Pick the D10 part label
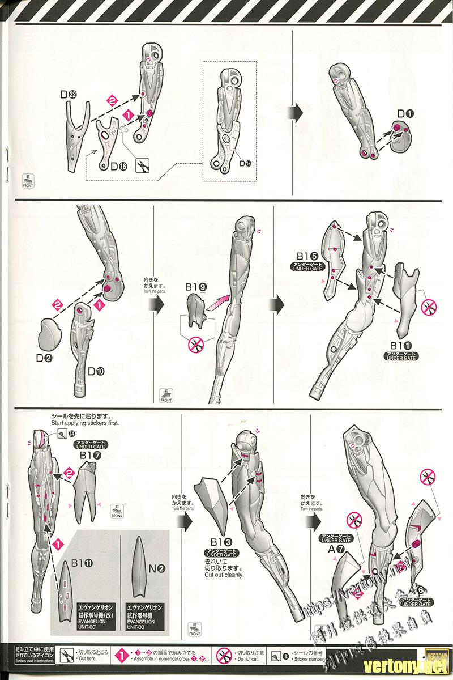pos(95,372)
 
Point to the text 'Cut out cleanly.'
pos(224,575)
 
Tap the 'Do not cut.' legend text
pos(250,660)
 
